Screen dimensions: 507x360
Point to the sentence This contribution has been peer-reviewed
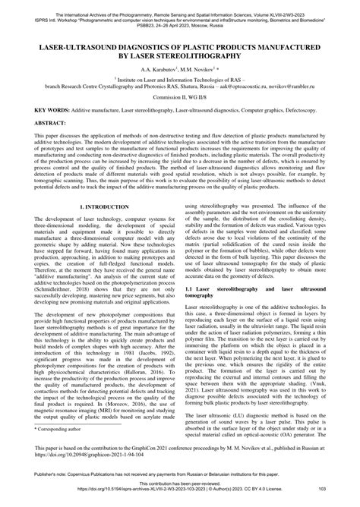point(180,492)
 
